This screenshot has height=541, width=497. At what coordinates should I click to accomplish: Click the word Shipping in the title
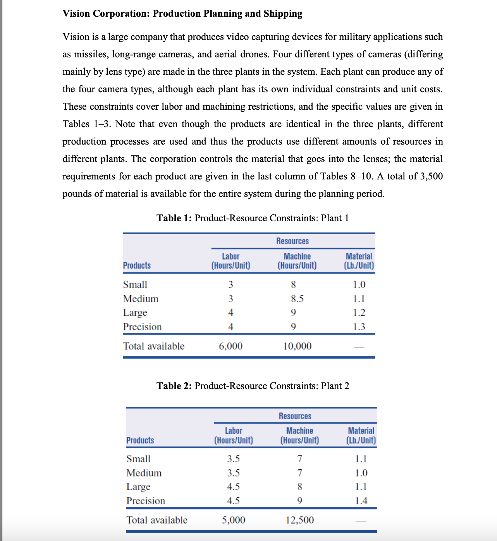[x=283, y=14]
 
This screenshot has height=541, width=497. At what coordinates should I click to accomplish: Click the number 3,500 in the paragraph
[x=431, y=176]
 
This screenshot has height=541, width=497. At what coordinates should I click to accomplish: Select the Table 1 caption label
[x=174, y=218]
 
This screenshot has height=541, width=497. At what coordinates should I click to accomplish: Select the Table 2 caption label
[x=174, y=386]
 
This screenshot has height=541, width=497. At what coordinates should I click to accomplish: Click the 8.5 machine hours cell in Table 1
[x=297, y=299]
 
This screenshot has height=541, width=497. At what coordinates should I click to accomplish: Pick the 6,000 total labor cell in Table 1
[x=230, y=346]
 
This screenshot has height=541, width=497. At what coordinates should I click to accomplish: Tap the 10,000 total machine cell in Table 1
[x=297, y=346]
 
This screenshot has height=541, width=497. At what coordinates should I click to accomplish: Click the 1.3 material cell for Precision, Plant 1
[x=359, y=327]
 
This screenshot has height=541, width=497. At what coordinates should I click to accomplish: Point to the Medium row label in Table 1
[x=141, y=299]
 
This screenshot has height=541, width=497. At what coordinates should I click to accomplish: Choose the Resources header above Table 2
[x=295, y=416]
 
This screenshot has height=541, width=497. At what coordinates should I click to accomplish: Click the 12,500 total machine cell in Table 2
[x=299, y=520]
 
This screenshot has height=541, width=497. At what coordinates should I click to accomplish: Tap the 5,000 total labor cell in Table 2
[x=233, y=520]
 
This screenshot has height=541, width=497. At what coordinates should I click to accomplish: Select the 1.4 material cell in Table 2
[x=361, y=501]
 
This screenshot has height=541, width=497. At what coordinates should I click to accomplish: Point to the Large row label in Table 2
[x=138, y=487]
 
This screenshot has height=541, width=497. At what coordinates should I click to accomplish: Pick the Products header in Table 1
[x=137, y=265]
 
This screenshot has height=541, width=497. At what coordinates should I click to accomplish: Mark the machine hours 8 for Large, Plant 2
[x=299, y=487]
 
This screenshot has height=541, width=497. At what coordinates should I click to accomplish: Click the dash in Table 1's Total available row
[x=359, y=347]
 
